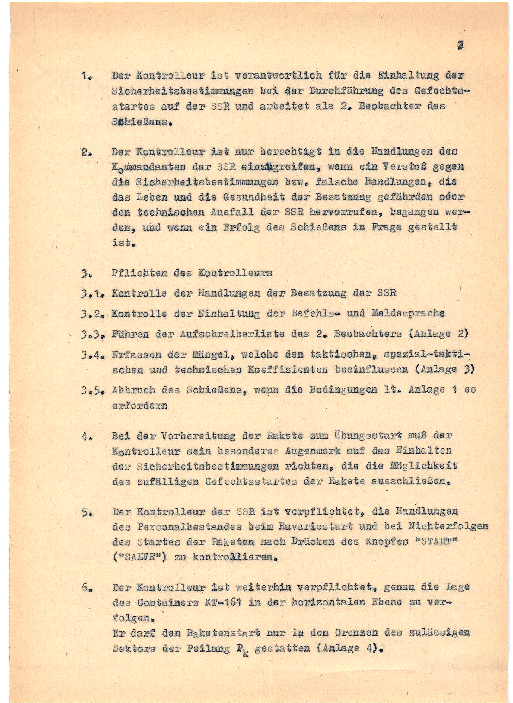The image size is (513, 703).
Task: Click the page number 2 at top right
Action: click(x=460, y=46)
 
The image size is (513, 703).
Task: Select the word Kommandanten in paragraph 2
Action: click(x=149, y=167)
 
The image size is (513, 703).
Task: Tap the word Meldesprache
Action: click(x=408, y=313)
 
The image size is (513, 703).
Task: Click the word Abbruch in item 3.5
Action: click(x=133, y=390)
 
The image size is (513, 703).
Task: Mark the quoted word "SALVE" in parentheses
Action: click(x=139, y=557)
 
